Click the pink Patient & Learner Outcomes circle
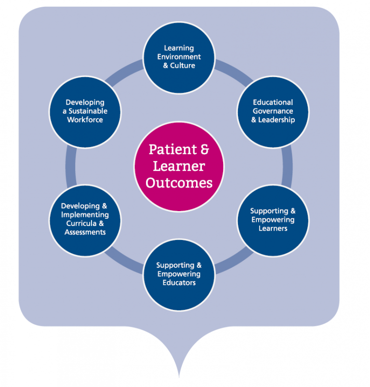[x=179, y=166]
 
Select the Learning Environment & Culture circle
[x=179, y=57]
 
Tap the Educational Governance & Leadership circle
[x=273, y=111]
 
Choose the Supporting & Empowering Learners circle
[x=273, y=220]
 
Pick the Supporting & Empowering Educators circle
[x=179, y=274]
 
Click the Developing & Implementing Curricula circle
[x=85, y=220]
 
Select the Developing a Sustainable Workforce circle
[x=85, y=111]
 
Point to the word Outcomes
[x=179, y=183]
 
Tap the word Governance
[x=273, y=111]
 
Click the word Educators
[x=179, y=283]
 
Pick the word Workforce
[x=85, y=120]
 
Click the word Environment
[x=179, y=57]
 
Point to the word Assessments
[x=85, y=232]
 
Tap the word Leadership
[x=277, y=120]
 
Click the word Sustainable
[x=87, y=111]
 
